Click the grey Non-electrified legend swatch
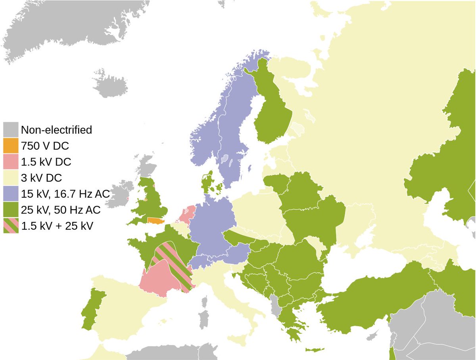(x=10, y=129)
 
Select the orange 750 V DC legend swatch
(x=10, y=146)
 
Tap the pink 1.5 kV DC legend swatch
(x=10, y=162)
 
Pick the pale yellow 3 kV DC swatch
(x=10, y=177)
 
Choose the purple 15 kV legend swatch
(x=10, y=194)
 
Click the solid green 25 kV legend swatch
(x=10, y=210)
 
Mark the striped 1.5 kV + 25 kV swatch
(x=10, y=226)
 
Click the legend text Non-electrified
(x=56, y=130)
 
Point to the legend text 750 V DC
(x=45, y=146)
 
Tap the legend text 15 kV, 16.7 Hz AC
(x=65, y=194)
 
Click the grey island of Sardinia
(x=203, y=319)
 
